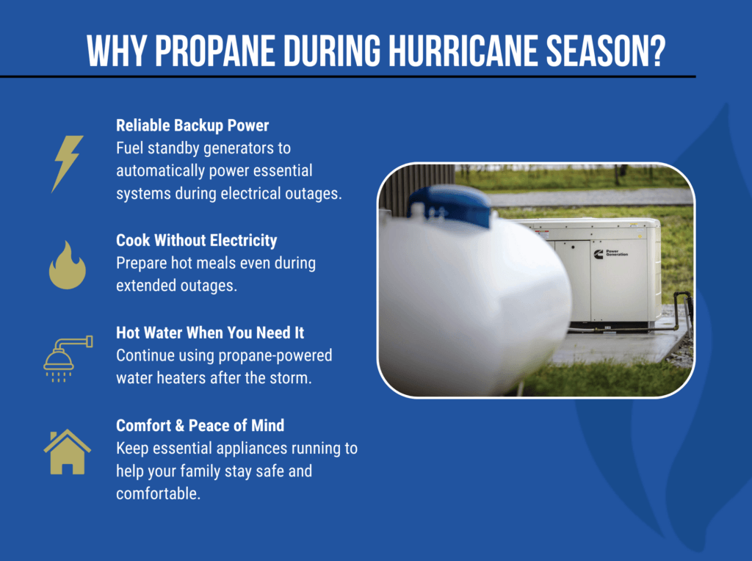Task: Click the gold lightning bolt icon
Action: point(67,164)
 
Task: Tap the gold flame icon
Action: point(67,265)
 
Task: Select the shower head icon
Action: point(68,359)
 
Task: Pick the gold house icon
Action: point(67,452)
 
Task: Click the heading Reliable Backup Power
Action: point(192,126)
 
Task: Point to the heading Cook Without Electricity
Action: point(197,241)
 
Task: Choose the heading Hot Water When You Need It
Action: point(210,333)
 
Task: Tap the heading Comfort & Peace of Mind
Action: point(200,425)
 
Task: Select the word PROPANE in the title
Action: point(215,51)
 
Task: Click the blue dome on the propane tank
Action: point(450,205)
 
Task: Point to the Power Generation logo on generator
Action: point(610,253)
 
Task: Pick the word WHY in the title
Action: point(117,51)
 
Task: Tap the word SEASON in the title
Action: point(598,51)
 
